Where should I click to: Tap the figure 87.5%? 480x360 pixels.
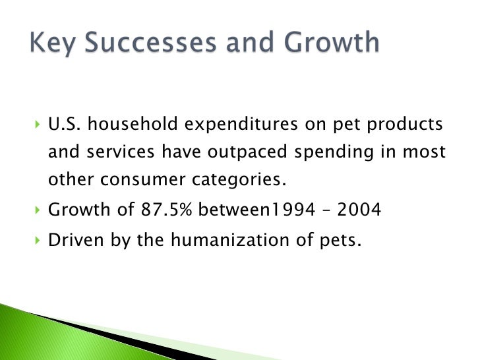(165, 211)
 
